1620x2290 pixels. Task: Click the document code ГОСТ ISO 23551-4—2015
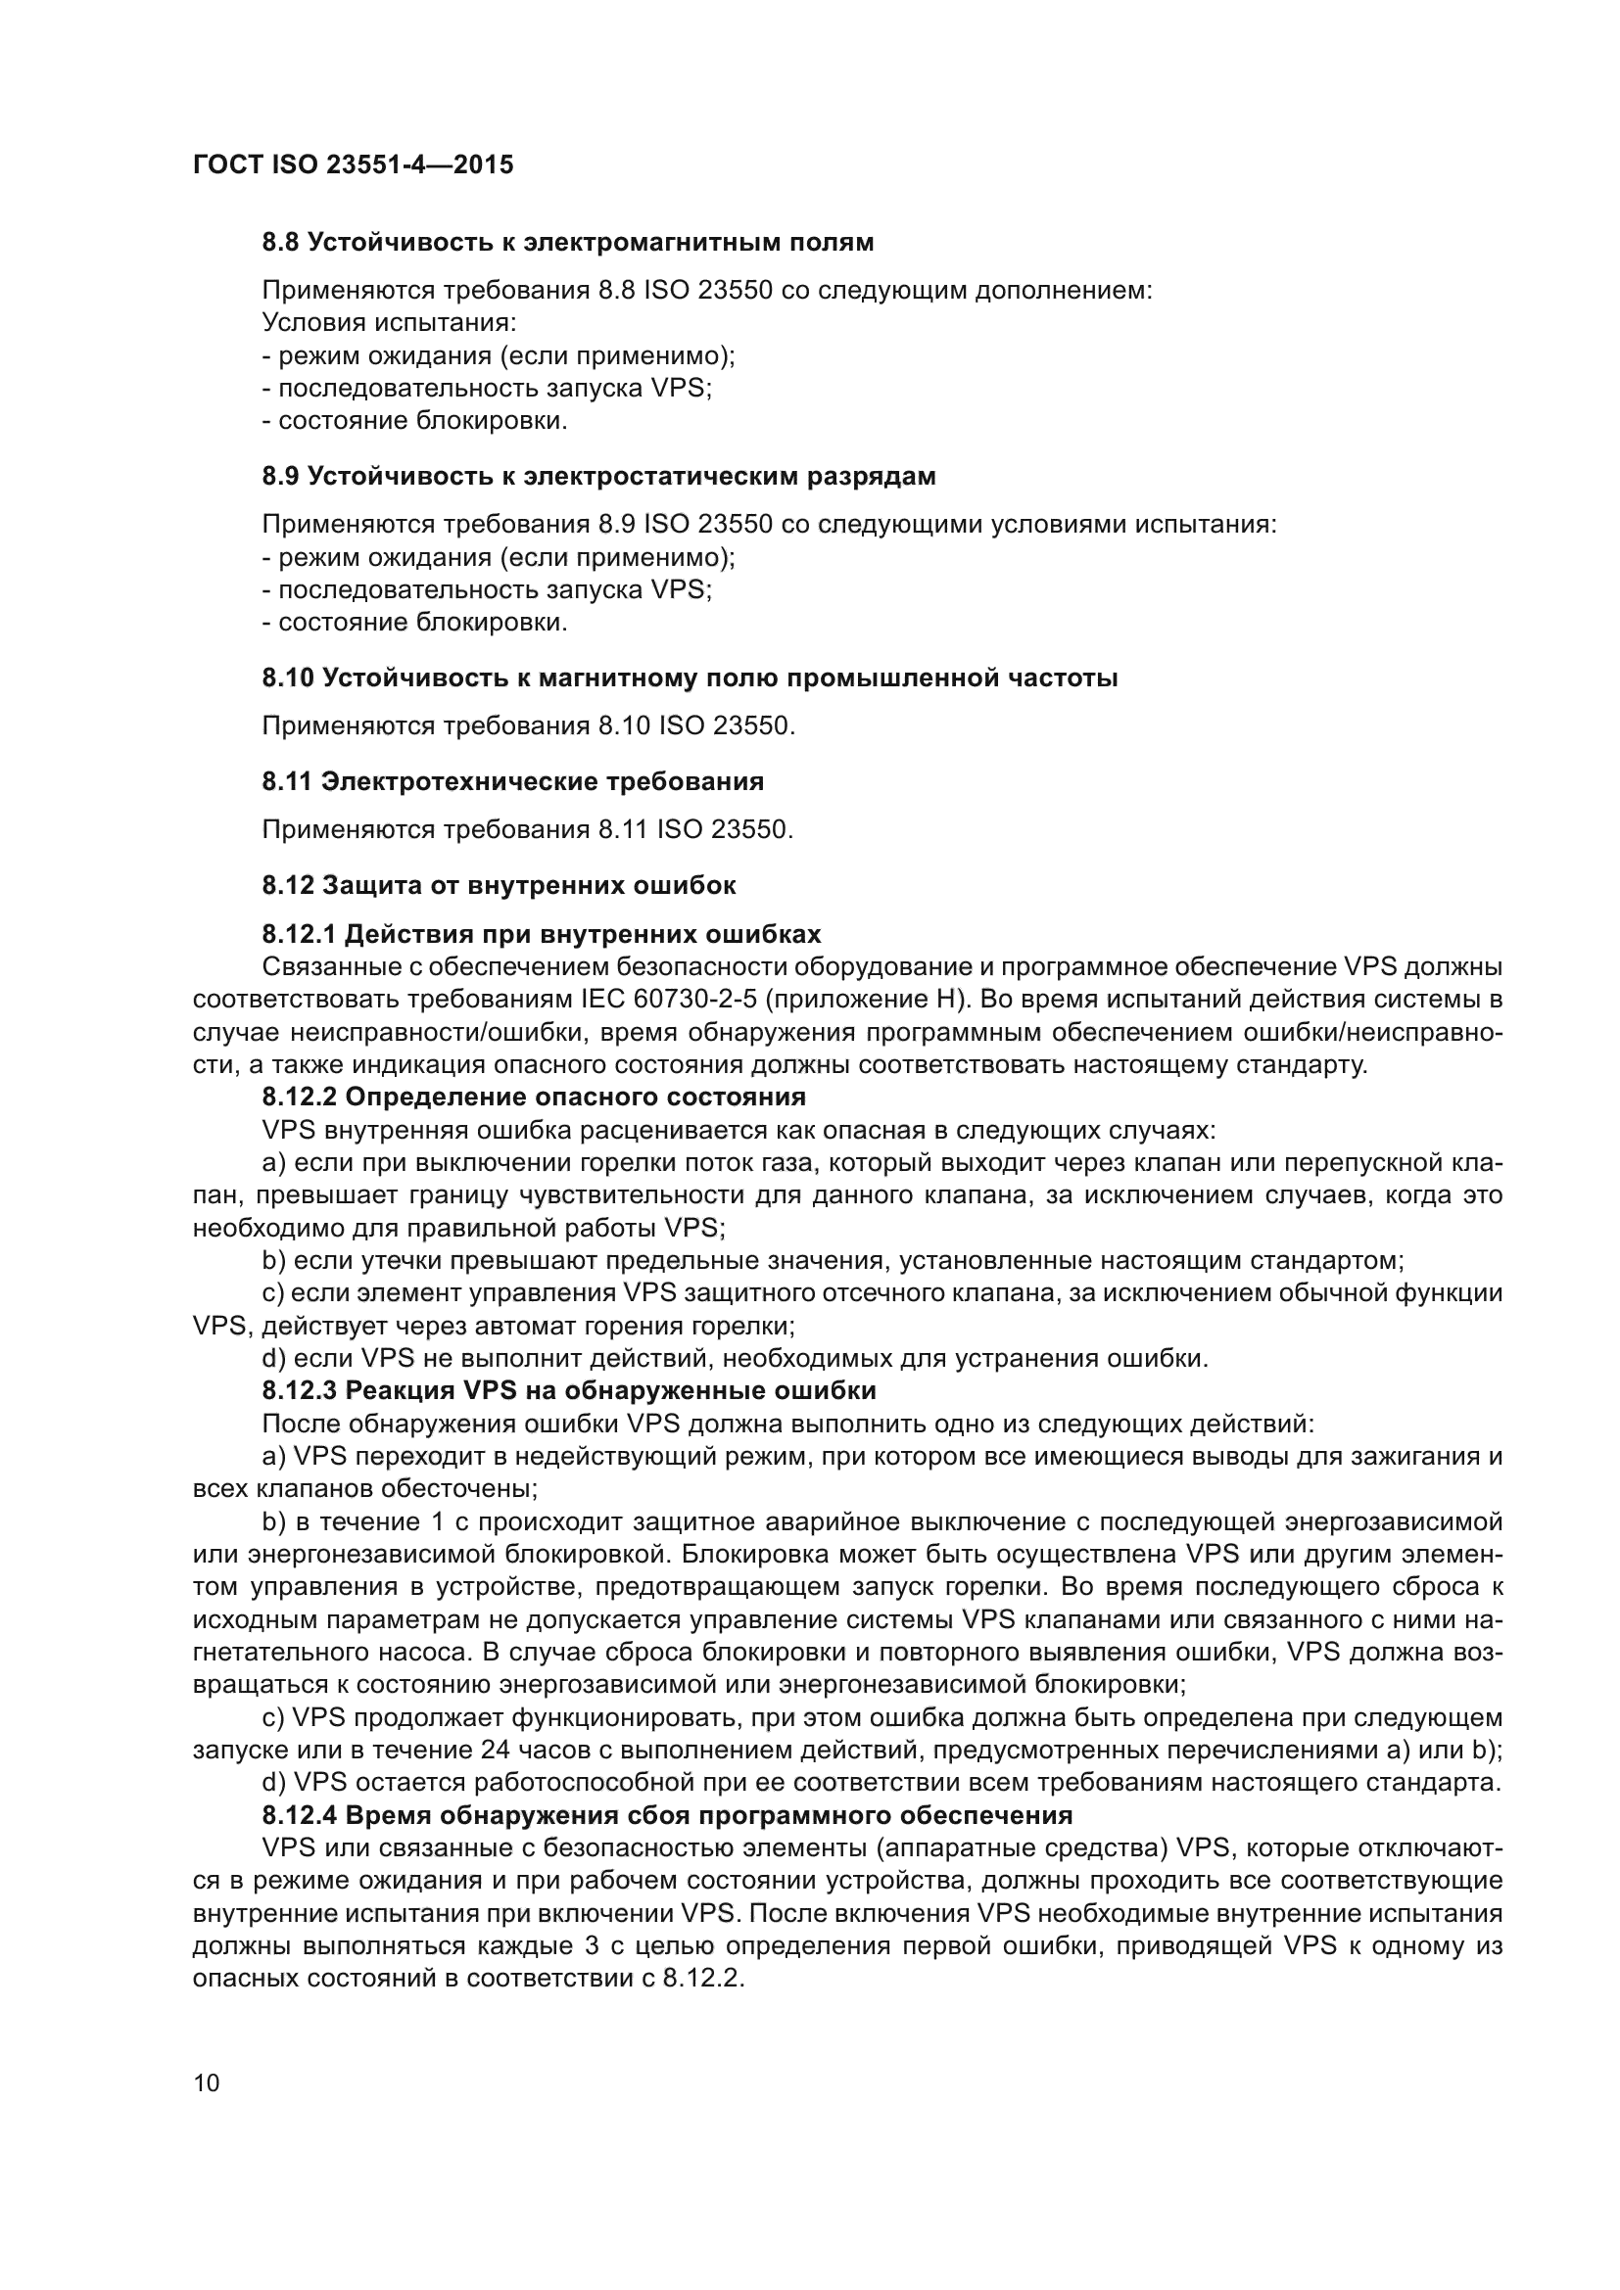coord(354,164)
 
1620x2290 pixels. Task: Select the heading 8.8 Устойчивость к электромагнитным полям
coord(568,243)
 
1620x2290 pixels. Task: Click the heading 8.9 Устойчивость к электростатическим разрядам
coord(598,476)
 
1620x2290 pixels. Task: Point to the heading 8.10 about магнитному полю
coord(690,678)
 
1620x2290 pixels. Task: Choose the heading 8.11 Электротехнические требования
coord(512,782)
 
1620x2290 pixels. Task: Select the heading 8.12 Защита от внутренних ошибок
coord(499,885)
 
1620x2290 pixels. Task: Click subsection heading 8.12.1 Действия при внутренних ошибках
coord(542,935)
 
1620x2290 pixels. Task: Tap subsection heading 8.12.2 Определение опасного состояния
coord(534,1098)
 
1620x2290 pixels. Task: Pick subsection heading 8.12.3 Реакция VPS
coord(569,1390)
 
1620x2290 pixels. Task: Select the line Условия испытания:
coord(389,323)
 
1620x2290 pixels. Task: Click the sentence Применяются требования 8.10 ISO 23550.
coord(529,726)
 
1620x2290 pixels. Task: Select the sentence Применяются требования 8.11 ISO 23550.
coord(528,830)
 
